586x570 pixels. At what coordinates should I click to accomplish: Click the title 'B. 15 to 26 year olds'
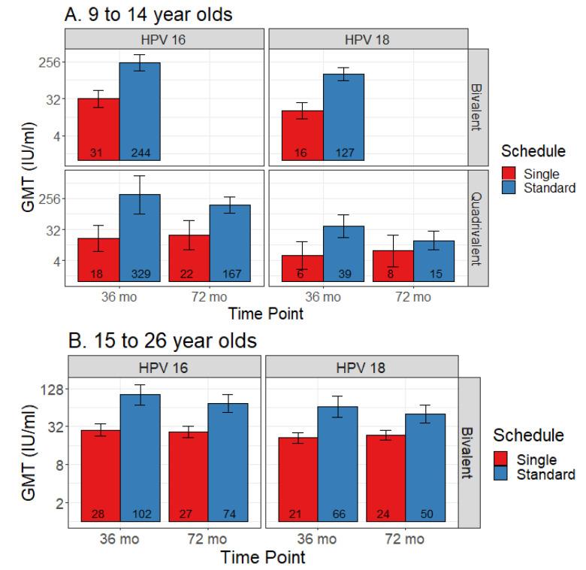[x=162, y=340]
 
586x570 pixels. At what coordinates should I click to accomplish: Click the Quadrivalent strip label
[x=477, y=227]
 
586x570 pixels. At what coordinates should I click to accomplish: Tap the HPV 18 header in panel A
[x=367, y=38]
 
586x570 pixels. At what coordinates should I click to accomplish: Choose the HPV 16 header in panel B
[x=165, y=366]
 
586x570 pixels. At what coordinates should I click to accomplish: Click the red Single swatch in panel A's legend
[x=511, y=174]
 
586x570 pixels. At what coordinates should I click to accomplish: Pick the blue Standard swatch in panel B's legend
[x=503, y=474]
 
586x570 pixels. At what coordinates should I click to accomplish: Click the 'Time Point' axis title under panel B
[x=263, y=558]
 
